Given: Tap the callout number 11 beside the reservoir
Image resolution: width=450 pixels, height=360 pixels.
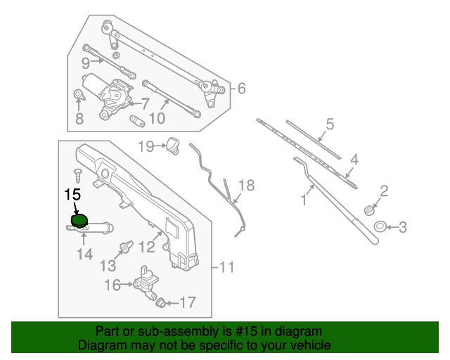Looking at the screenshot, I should (x=226, y=267).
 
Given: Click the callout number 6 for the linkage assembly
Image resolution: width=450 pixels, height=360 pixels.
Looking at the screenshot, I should (x=241, y=89).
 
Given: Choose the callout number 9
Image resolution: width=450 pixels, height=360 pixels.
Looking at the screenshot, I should (x=85, y=62).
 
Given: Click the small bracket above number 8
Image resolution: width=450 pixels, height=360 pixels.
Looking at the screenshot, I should (x=79, y=96).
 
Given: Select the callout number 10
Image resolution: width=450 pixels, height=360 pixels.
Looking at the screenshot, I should (x=157, y=119).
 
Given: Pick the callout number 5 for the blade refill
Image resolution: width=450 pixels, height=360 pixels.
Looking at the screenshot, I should (x=328, y=126).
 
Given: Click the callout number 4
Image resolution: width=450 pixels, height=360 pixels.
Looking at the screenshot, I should (x=354, y=160).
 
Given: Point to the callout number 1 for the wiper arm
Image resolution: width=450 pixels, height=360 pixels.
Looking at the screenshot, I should (x=304, y=200).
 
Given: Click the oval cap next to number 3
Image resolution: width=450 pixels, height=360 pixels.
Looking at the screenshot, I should (x=379, y=226).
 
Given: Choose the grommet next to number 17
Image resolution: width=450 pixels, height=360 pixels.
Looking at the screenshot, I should (x=160, y=302).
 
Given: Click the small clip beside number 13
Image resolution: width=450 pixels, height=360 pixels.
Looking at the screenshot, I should (x=128, y=247).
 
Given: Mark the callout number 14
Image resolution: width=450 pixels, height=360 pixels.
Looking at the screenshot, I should (x=84, y=254).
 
